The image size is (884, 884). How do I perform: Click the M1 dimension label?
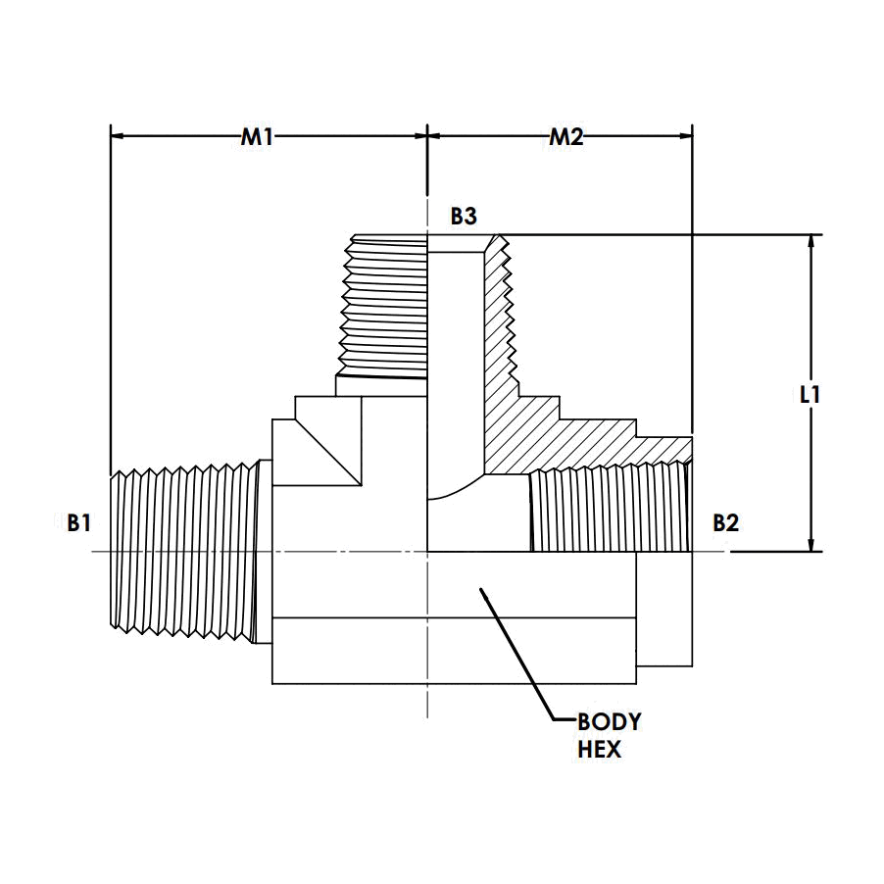pyautogui.click(x=257, y=138)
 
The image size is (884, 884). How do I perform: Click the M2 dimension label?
pyautogui.click(x=565, y=138)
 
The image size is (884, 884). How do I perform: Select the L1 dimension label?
pyautogui.click(x=810, y=396)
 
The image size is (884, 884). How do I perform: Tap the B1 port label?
pyautogui.click(x=79, y=524)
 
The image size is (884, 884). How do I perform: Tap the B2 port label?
pyautogui.click(x=725, y=524)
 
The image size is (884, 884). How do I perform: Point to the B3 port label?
pyautogui.click(x=464, y=218)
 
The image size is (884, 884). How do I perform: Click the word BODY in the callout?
pyautogui.click(x=608, y=723)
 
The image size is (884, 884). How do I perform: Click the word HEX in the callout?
pyautogui.click(x=599, y=751)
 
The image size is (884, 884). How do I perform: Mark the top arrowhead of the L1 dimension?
pyautogui.click(x=810, y=242)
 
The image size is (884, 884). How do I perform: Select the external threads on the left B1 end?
pyautogui.click(x=181, y=549)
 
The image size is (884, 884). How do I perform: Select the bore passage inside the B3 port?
pyautogui.click(x=456, y=353)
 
